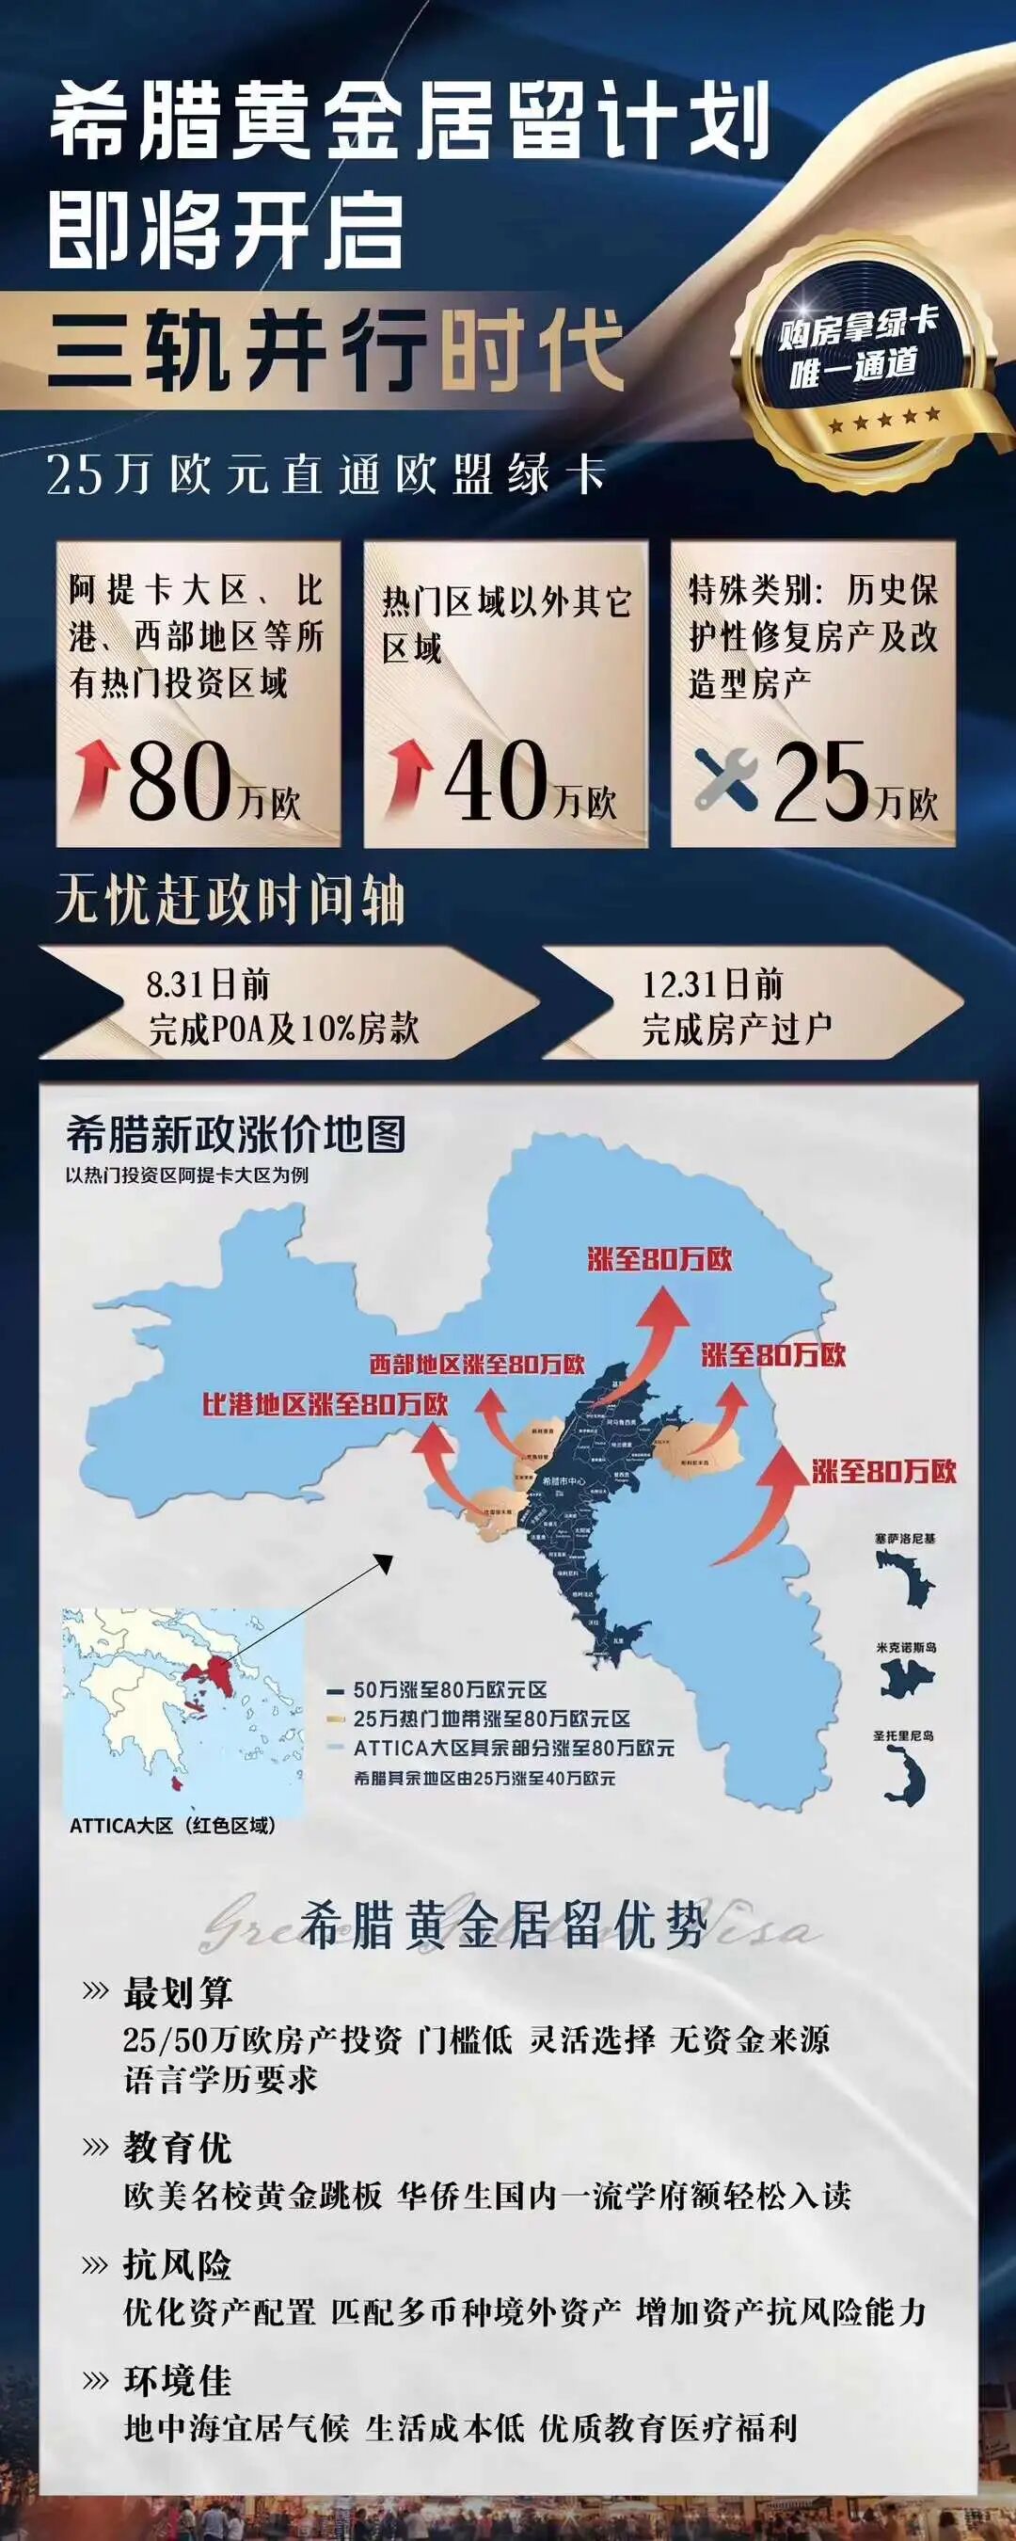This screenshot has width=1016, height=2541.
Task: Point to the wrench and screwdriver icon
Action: click(726, 778)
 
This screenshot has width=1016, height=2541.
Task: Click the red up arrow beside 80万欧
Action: click(97, 779)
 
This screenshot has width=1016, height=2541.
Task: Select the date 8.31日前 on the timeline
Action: click(208, 984)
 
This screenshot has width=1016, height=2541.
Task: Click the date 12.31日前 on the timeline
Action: click(713, 984)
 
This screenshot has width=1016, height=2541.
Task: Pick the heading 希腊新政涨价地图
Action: click(237, 1135)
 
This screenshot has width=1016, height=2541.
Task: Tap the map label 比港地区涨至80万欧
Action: click(325, 1403)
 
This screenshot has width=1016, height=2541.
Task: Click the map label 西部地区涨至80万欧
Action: click(476, 1365)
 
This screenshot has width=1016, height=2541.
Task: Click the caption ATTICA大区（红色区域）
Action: click(172, 1826)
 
